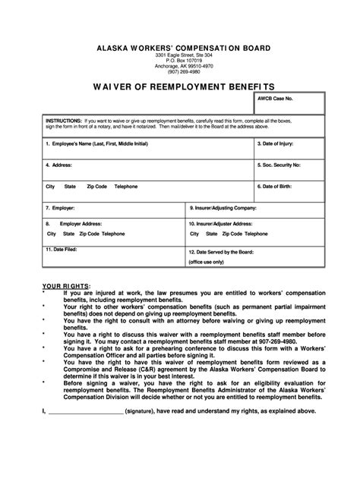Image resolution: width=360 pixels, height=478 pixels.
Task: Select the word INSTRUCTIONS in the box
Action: click(x=63, y=121)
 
